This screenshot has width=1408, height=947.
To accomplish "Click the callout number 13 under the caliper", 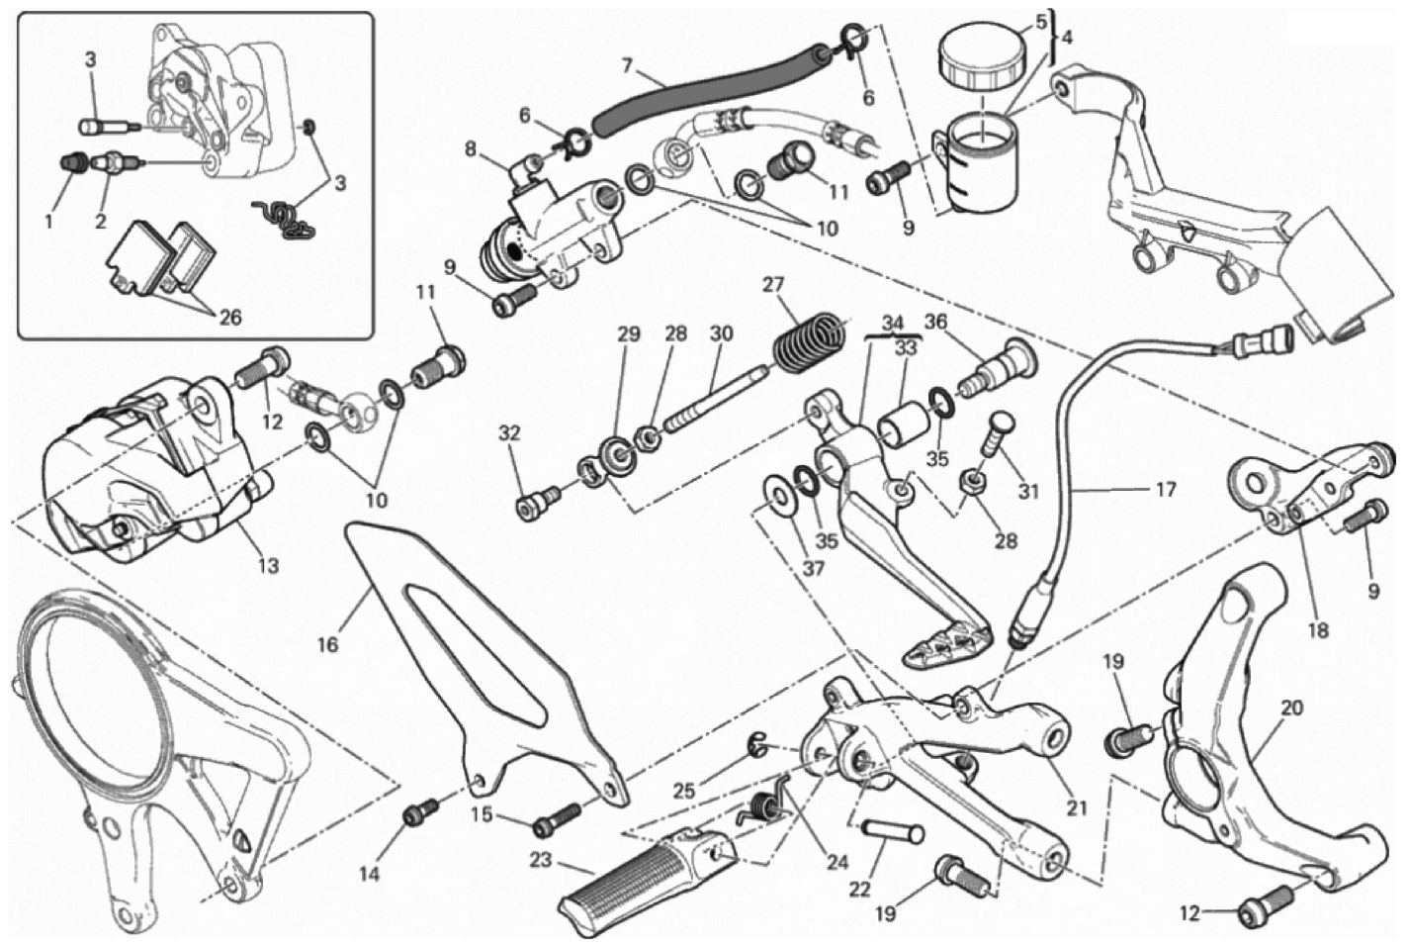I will coord(268,565).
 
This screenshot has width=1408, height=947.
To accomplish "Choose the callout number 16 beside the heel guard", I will coord(327,644).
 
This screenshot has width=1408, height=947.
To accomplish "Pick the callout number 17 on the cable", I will coord(1165,489).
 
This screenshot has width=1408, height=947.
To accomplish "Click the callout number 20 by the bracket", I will coord(1291,708).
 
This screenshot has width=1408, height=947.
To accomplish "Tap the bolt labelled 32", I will coord(535,506).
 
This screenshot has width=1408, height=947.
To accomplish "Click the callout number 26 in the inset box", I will coord(228,318).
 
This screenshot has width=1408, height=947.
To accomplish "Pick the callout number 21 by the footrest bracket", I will coord(1076,807).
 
